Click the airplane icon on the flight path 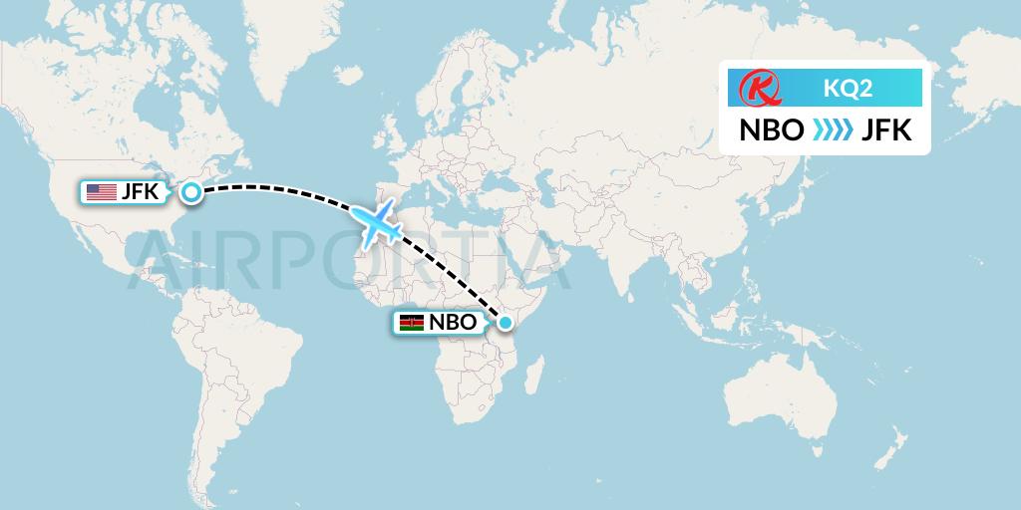tap(376, 223)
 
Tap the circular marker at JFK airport tap(190, 193)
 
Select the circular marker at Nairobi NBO tap(506, 323)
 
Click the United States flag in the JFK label tap(101, 192)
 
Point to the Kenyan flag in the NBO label tap(411, 323)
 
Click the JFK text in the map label tap(140, 192)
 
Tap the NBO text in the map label tap(453, 323)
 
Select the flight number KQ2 tap(848, 89)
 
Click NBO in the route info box tap(771, 130)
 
